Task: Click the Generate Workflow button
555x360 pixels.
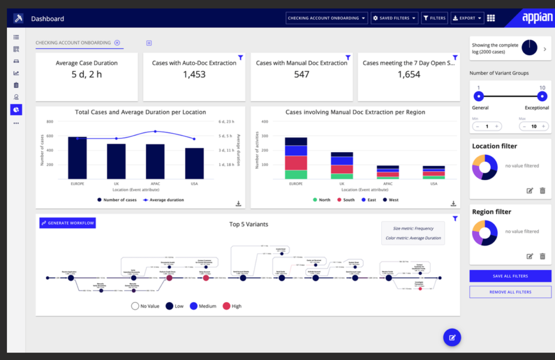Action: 68,223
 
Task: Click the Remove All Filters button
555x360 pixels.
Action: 510,292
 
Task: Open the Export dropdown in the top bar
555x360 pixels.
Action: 467,18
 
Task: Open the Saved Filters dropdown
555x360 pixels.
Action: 395,18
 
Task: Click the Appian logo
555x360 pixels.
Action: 537,18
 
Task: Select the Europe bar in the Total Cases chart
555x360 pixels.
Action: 77,158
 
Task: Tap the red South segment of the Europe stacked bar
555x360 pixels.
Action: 296,163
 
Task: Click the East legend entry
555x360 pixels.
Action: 368,200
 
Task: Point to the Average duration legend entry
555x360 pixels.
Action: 163,200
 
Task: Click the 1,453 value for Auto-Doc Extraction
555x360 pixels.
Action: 194,74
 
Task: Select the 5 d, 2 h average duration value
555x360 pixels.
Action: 86,74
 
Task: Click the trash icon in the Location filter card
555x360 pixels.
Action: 543,190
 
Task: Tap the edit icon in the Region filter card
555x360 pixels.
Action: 530,256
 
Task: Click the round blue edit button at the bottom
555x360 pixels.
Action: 452,337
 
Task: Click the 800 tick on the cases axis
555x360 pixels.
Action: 50,122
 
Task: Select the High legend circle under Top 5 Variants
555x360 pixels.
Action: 227,306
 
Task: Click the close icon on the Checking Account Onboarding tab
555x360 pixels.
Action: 117,43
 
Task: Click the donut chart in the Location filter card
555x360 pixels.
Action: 485,167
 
